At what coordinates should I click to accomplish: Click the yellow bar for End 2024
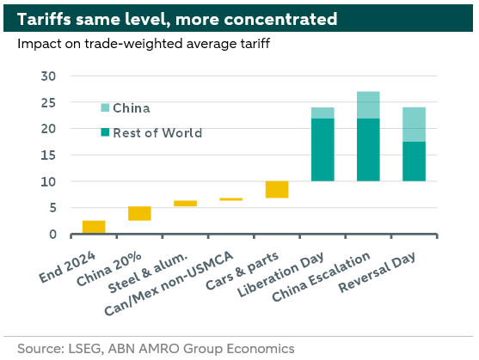coord(94,227)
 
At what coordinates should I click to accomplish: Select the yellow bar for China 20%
coord(139,214)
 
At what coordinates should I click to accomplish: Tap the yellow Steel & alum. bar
coord(186,204)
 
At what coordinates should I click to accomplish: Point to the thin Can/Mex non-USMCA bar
coord(231,199)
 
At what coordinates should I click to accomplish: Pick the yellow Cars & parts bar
coord(277,190)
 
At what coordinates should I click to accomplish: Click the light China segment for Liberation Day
coord(322,113)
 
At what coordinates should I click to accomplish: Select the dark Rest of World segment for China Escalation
coord(368,149)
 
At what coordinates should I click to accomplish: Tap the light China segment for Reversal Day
coord(415,125)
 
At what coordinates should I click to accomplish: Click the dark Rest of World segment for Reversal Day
coord(415,162)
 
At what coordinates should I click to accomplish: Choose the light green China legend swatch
coord(105,107)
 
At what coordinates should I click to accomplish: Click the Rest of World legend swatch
coord(105,132)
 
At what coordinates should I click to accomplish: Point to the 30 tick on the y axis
coord(48,76)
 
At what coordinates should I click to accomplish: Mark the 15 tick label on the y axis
coord(48,156)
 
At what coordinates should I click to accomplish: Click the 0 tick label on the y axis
coord(52,235)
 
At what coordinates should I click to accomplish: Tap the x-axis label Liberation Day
coord(280,275)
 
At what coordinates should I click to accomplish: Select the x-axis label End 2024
coord(68,267)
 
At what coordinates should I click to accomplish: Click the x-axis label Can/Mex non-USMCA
coord(169,284)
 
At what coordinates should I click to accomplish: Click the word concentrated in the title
coord(280,19)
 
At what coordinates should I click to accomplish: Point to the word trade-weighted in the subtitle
coord(133,44)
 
